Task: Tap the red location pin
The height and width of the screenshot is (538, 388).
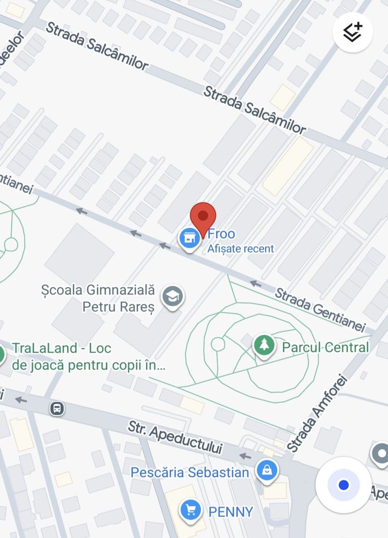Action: (203, 217)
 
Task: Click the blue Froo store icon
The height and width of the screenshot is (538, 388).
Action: (189, 239)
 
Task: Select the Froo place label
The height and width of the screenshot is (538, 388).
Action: (221, 234)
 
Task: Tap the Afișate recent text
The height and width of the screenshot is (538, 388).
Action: (241, 249)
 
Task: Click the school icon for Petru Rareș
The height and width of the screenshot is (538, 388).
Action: (172, 296)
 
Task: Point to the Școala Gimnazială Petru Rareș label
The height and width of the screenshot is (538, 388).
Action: (99, 298)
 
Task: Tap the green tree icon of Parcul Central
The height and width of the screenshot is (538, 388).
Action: (264, 345)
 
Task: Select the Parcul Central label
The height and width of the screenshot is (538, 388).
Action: (325, 347)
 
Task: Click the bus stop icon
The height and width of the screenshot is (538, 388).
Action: (57, 408)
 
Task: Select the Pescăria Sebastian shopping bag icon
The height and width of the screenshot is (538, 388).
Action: (267, 470)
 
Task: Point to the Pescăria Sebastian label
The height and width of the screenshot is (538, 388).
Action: (189, 472)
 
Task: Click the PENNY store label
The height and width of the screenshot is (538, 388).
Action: (231, 512)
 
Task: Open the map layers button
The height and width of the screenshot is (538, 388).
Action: (353, 32)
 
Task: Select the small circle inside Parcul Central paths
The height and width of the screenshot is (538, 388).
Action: (218, 344)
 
